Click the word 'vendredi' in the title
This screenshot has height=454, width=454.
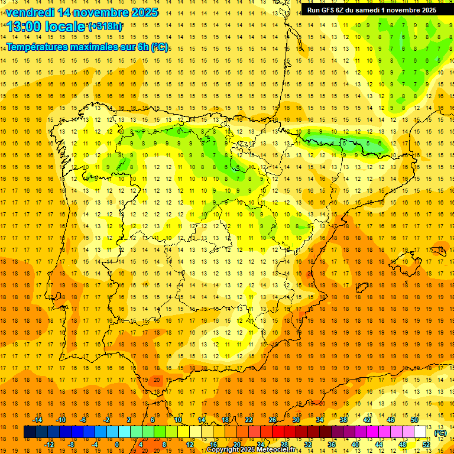30,12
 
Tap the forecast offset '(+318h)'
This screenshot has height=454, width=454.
105,27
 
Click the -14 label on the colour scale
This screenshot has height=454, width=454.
37,420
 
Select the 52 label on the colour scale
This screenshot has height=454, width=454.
426,444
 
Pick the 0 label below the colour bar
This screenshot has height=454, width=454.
116,444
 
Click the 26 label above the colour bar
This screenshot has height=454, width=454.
273,420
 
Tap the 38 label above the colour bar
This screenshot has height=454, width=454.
343,420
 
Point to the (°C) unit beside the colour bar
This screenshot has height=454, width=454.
441,433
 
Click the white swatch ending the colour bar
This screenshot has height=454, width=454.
420,432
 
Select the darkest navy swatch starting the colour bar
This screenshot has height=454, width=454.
30,432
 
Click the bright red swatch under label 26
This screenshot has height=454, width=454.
278,432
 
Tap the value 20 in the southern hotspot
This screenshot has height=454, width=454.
157,380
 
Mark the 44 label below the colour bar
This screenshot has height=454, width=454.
379,444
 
